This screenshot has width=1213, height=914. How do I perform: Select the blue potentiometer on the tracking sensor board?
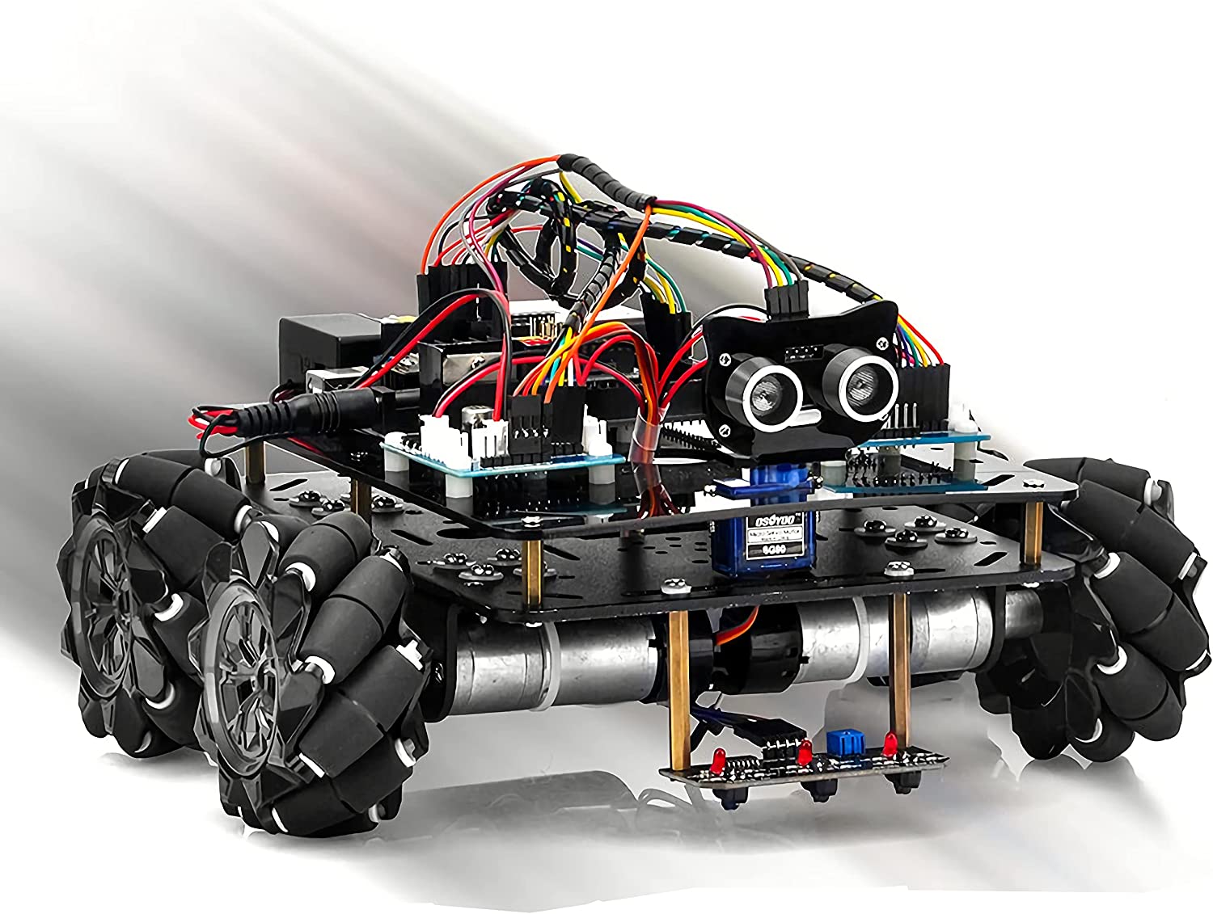(836, 742)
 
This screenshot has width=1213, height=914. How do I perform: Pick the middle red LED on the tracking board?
(805, 752)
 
